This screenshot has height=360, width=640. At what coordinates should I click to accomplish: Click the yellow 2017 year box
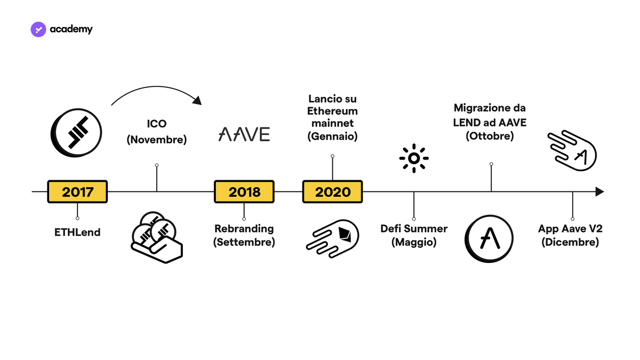pyautogui.click(x=77, y=191)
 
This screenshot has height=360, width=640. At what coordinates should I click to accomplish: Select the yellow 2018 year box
pyautogui.click(x=244, y=191)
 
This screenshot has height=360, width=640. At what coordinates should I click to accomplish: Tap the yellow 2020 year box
pyautogui.click(x=333, y=191)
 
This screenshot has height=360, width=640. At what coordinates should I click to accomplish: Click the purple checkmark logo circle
pyautogui.click(x=38, y=29)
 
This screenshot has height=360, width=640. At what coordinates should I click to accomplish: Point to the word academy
pyautogui.click(x=71, y=29)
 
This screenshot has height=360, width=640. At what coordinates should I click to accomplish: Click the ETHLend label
pyautogui.click(x=77, y=233)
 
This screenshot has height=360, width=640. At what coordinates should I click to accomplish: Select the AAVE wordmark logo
pyautogui.click(x=244, y=134)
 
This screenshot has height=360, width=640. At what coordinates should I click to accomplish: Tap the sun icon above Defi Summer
pyautogui.click(x=414, y=158)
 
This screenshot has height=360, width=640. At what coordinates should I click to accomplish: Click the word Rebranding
pyautogui.click(x=244, y=229)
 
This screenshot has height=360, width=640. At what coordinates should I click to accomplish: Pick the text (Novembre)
pyautogui.click(x=157, y=139)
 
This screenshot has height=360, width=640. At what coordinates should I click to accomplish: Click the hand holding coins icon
pyautogui.click(x=157, y=237)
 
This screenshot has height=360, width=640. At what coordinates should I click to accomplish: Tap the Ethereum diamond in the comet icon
pyautogui.click(x=345, y=235)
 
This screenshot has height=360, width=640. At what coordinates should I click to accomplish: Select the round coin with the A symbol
pyautogui.click(x=489, y=239)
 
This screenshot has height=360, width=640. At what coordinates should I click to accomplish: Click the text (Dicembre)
pyautogui.click(x=570, y=242)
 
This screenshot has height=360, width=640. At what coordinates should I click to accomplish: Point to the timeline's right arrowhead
pyautogui.click(x=599, y=191)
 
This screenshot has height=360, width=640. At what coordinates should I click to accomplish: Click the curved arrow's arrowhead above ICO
pyautogui.click(x=197, y=101)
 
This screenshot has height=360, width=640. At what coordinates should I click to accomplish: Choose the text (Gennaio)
pyautogui.click(x=333, y=137)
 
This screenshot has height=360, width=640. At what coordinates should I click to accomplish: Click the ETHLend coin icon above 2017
pyautogui.click(x=76, y=133)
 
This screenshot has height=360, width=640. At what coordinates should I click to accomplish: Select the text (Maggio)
pyautogui.click(x=414, y=242)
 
